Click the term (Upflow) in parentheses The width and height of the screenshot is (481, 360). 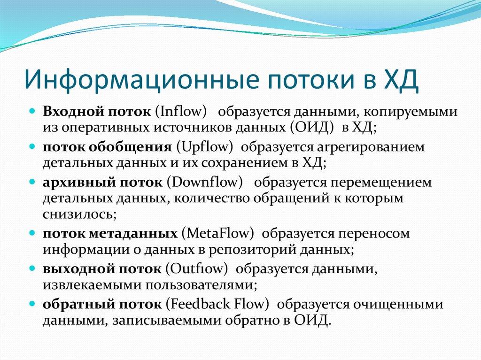205,147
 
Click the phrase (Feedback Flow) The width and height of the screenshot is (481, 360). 217,304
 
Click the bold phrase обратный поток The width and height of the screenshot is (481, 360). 102,304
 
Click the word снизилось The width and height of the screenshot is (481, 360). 78,214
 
